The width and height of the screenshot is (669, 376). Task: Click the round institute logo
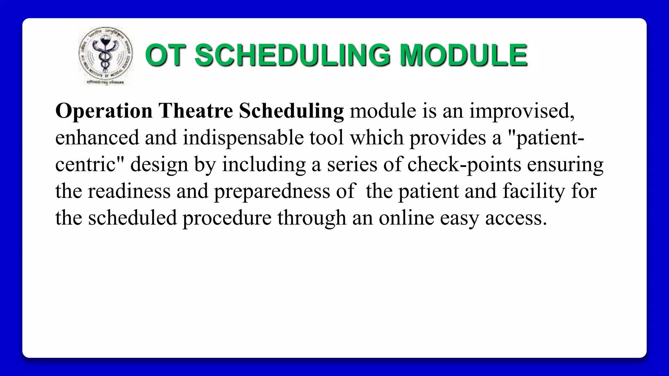pyautogui.click(x=106, y=56)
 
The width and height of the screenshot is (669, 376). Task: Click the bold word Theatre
pyautogui.click(x=196, y=111)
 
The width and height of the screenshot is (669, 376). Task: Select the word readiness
pyautogui.click(x=129, y=191)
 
